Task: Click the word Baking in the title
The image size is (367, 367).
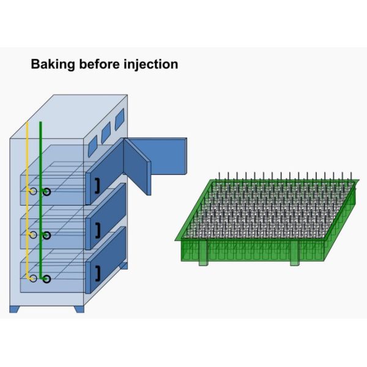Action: pos(50,64)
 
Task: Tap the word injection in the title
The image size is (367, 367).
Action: pos(151,64)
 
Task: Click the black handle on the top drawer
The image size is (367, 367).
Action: pos(97,186)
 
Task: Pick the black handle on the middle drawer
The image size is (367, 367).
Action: pos(97,230)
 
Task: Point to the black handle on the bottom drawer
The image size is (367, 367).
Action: pos(97,273)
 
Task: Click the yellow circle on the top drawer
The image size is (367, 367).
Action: pos(33,191)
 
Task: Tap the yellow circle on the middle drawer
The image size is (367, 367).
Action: pos(33,235)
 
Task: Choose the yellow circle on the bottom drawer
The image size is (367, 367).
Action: pos(33,279)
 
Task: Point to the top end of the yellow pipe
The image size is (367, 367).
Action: pos(28,123)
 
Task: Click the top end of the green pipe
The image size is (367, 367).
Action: pos(40,123)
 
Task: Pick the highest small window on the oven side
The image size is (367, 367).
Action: pos(120,116)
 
